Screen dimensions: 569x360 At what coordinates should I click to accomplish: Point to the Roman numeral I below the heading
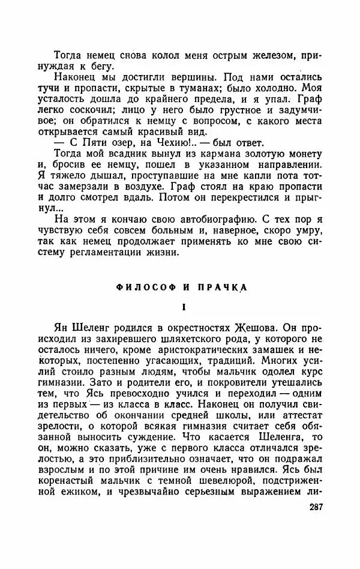[x=185, y=307]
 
